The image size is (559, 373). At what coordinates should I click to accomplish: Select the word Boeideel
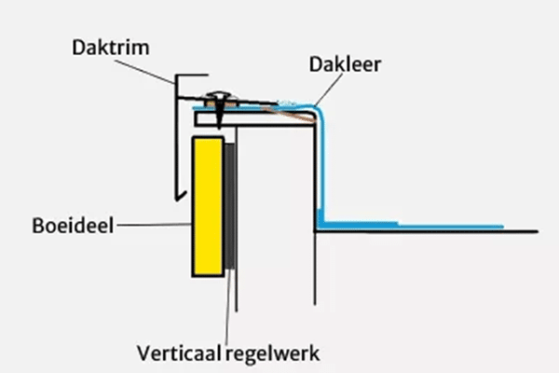coord(68,226)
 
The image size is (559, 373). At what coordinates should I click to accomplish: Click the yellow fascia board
coord(207,206)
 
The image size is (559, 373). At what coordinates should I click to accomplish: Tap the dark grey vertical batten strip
coord(229,207)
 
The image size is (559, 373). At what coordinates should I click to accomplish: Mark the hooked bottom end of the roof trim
coord(176,198)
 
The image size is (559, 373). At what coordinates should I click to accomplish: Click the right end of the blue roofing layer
coord(501,227)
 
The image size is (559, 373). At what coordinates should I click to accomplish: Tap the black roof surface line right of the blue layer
coord(522,230)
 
